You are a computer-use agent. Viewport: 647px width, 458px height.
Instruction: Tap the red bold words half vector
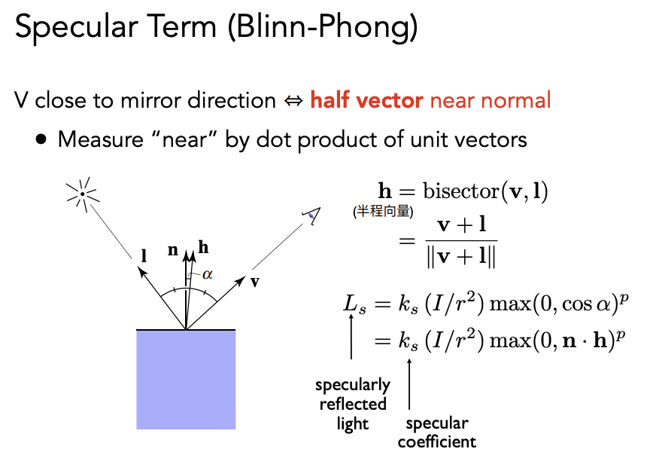tap(366, 100)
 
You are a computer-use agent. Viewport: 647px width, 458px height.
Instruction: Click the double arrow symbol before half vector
tap(293, 101)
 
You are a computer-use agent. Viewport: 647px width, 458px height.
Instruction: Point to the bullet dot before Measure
tap(41, 139)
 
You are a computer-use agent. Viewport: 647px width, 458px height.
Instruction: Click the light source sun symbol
tap(83, 194)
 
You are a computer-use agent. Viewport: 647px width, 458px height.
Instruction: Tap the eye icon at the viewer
tap(312, 215)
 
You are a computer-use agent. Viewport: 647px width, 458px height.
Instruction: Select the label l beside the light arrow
tap(144, 256)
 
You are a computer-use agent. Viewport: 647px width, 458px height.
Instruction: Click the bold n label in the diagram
tap(173, 250)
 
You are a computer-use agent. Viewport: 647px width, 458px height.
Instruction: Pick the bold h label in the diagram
tap(203, 247)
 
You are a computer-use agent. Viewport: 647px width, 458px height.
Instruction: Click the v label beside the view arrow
tap(255, 282)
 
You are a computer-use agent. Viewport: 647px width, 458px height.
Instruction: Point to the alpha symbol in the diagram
tap(207, 274)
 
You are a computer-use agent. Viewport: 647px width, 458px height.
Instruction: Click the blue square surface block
tap(186, 380)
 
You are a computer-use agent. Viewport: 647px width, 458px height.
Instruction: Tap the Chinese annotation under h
tap(383, 212)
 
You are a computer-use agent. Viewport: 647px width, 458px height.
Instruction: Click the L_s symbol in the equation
tap(355, 304)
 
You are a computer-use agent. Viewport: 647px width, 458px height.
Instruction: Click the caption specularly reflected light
tap(353, 405)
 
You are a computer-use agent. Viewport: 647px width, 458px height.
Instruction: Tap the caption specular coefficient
tap(437, 432)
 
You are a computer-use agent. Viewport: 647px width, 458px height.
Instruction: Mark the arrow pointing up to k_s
tap(409, 384)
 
